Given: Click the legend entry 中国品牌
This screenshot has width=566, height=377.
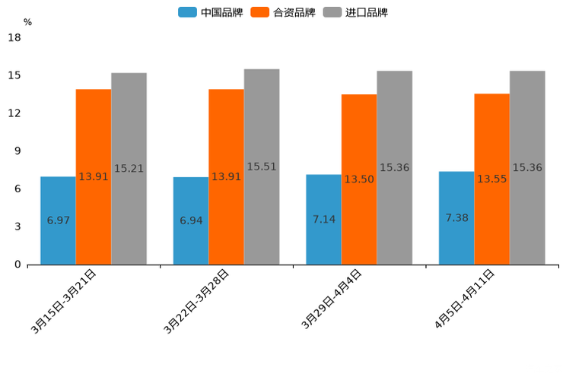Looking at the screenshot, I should [x=211, y=12].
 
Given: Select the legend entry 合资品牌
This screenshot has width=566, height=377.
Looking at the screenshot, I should [x=283, y=12].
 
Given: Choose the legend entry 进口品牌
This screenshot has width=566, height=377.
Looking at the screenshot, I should [x=355, y=12].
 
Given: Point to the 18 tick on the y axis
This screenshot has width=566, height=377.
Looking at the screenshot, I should [x=14, y=37].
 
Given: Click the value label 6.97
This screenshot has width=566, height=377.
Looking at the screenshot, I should [x=58, y=220].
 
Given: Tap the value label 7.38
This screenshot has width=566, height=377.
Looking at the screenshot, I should [x=456, y=218].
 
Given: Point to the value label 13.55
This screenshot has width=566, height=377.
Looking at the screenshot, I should [x=491, y=179].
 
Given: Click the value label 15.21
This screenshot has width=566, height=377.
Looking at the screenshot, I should [x=129, y=169].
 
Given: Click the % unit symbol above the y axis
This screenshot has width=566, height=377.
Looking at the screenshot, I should [x=27, y=23].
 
